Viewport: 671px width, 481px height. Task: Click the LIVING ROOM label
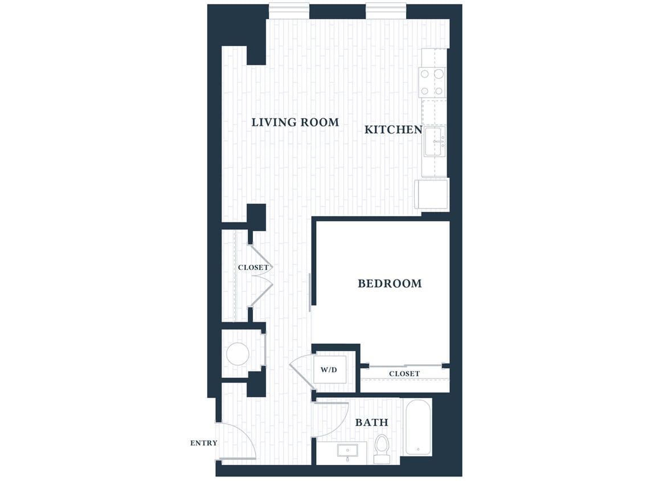coord(295,122)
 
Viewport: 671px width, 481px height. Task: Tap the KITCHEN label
coord(393,129)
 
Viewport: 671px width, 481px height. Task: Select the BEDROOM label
coord(390,283)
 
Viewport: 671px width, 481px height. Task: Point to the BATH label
coord(371,422)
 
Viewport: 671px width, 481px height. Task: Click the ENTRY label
coord(203,443)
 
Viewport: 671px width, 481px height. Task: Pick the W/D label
coord(329,370)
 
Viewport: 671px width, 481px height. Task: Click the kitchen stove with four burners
coord(432,81)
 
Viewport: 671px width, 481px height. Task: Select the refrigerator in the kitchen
coord(432,194)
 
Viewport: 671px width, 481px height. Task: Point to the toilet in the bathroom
coord(382,447)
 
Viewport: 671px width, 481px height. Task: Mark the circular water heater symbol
coord(238,354)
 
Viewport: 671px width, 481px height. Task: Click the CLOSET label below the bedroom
coord(404,374)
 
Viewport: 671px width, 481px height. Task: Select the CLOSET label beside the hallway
coord(252,267)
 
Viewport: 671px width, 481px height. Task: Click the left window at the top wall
coord(289,11)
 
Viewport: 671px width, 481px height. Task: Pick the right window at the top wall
coord(386,11)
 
